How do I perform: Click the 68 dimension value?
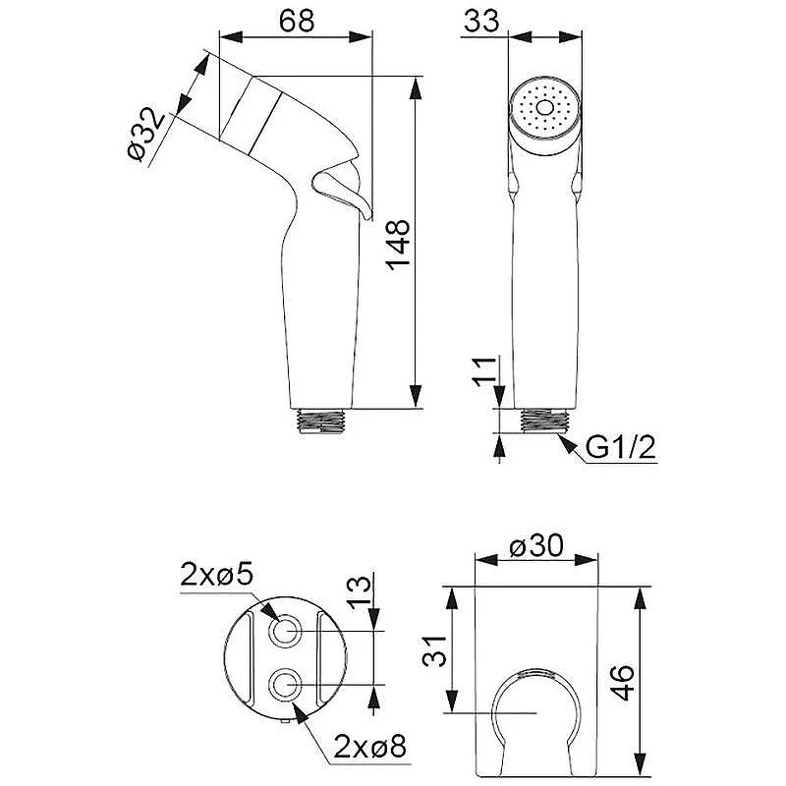[x=297, y=21]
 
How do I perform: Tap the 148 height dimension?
[x=399, y=245]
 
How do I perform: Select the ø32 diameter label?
[x=145, y=134]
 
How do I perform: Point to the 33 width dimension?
[x=481, y=21]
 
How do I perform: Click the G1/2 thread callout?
[x=620, y=448]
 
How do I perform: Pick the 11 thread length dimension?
[x=485, y=371]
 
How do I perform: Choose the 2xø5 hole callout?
[x=216, y=576]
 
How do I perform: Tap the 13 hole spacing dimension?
[x=360, y=592]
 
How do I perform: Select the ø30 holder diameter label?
[x=535, y=546]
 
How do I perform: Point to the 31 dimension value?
[x=434, y=650]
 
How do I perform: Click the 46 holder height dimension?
[x=623, y=683]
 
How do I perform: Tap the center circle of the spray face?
[x=544, y=108]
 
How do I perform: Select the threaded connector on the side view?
[x=321, y=421]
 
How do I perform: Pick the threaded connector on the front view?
[x=545, y=421]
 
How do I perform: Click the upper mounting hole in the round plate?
[x=286, y=630]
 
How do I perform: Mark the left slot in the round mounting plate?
[x=253, y=657]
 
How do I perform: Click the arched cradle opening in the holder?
[x=536, y=722]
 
